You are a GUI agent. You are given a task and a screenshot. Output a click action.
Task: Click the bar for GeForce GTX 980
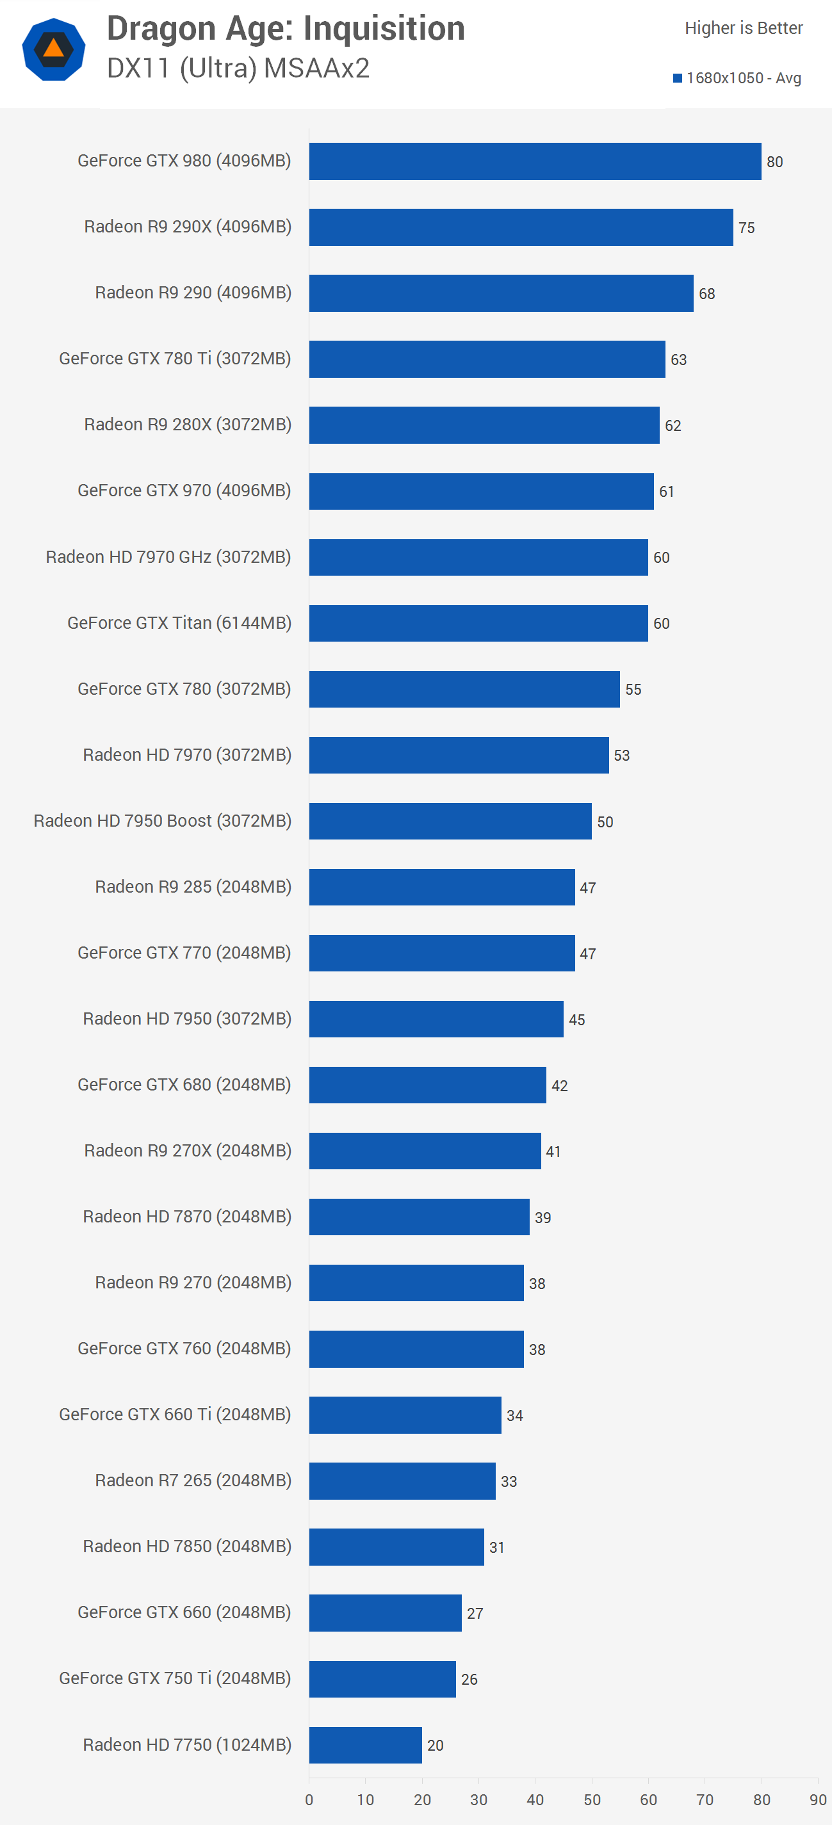[535, 161]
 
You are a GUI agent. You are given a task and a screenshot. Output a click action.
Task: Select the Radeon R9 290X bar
[521, 227]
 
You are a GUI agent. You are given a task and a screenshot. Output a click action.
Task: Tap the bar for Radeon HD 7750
[365, 1745]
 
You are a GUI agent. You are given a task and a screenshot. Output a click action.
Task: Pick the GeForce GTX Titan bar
[478, 624]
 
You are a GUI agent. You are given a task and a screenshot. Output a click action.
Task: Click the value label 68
[706, 294]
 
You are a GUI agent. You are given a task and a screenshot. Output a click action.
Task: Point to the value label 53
[621, 756]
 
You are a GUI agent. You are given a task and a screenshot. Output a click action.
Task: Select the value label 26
[469, 1680]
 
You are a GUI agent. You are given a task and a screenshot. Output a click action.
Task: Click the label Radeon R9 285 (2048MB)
[193, 887]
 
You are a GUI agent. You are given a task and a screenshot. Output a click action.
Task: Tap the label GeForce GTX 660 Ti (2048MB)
[175, 1415]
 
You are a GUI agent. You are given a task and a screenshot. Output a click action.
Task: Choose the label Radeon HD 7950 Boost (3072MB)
[162, 821]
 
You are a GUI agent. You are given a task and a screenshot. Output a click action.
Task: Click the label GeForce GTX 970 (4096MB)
[184, 491]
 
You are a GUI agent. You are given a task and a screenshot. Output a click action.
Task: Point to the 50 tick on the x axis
[592, 1800]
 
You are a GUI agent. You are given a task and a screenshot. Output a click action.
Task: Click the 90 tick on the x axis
[818, 1800]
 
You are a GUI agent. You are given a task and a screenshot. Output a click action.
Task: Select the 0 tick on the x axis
[309, 1800]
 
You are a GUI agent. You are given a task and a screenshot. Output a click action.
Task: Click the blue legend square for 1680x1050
[678, 78]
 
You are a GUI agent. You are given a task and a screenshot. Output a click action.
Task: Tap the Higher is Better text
[744, 28]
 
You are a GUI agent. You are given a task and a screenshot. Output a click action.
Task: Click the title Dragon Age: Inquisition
[286, 29]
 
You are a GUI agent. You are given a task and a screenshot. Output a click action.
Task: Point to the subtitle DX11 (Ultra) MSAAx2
[238, 69]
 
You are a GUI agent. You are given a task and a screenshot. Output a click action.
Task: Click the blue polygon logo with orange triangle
[54, 49]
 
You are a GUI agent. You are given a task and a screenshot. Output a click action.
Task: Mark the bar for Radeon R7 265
[402, 1481]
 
